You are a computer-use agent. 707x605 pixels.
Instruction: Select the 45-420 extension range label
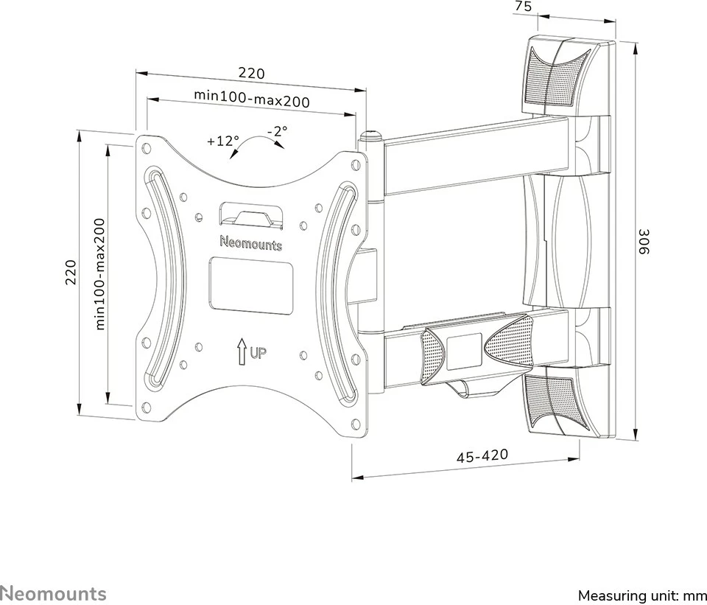482,456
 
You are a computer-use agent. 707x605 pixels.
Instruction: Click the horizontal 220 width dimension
250,74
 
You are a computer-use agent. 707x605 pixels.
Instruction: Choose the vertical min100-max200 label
101,273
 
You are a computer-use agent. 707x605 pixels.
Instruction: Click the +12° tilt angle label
223,141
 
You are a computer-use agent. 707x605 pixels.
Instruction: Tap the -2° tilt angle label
278,132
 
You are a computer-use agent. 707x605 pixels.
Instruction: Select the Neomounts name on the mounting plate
251,242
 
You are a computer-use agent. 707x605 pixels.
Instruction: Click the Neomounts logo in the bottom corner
53,593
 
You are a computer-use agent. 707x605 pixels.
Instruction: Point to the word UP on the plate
257,352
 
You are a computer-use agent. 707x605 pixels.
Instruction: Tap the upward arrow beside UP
241,351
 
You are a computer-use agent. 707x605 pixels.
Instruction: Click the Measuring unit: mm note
641,595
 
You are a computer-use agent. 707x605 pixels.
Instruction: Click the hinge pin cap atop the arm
369,137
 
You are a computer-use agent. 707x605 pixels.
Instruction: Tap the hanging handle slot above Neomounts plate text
251,216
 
